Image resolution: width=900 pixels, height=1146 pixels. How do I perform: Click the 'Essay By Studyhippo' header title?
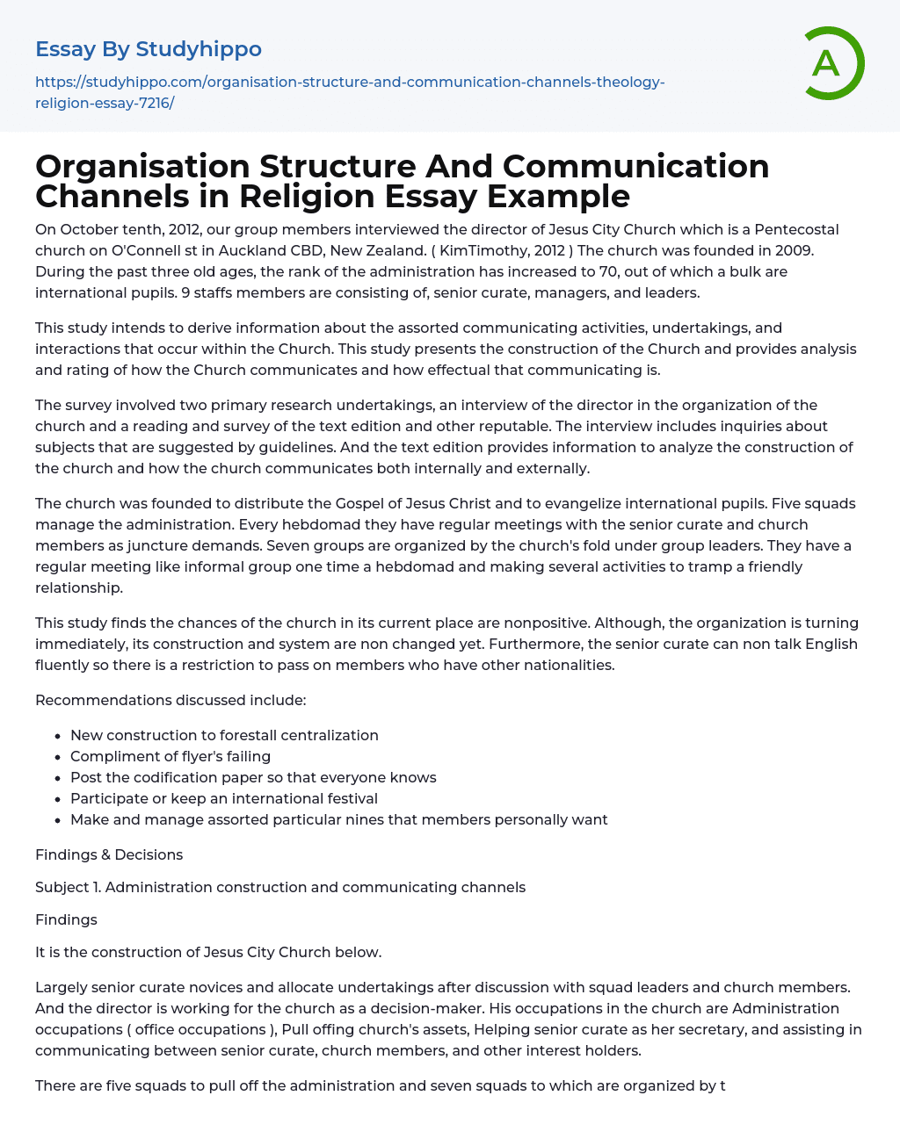pos(149,49)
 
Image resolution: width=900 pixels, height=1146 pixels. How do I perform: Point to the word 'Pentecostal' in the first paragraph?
pos(787,229)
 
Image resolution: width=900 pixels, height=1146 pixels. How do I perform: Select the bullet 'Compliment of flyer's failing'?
pos(171,756)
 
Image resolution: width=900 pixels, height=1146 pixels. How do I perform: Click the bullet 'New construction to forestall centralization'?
pos(224,735)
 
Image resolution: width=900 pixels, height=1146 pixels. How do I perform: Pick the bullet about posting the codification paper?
pos(253,777)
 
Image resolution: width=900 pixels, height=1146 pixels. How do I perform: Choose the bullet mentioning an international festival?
pos(224,798)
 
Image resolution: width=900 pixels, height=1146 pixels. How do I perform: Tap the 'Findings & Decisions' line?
pos(109,854)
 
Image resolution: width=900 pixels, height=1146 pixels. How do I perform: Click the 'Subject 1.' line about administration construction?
pos(280,887)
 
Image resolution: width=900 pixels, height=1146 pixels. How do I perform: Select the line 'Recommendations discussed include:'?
pos(171,700)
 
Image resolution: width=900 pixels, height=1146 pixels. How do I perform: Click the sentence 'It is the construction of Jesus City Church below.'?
pos(208,952)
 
